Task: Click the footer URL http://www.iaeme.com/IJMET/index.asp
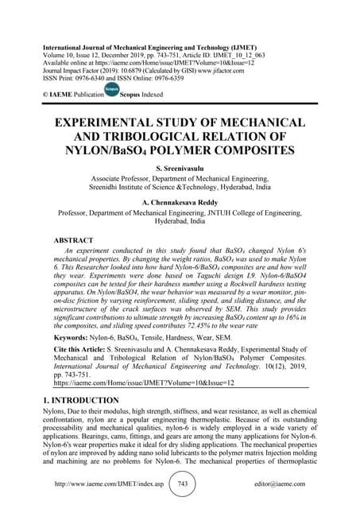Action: coord(106,484)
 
